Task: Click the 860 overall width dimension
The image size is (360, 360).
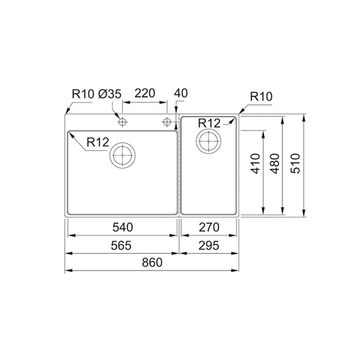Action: point(152,262)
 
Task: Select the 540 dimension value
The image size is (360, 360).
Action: point(122,228)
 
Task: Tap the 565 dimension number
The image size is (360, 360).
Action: point(121,246)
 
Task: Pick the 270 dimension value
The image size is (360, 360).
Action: point(209,228)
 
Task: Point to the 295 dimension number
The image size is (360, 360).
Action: point(209,246)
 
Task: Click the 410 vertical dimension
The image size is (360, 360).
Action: point(256,163)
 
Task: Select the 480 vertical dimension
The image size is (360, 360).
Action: point(275,163)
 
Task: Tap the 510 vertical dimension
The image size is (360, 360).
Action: point(295,163)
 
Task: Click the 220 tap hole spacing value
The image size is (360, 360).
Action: point(144,93)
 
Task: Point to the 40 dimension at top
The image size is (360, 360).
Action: point(181,93)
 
